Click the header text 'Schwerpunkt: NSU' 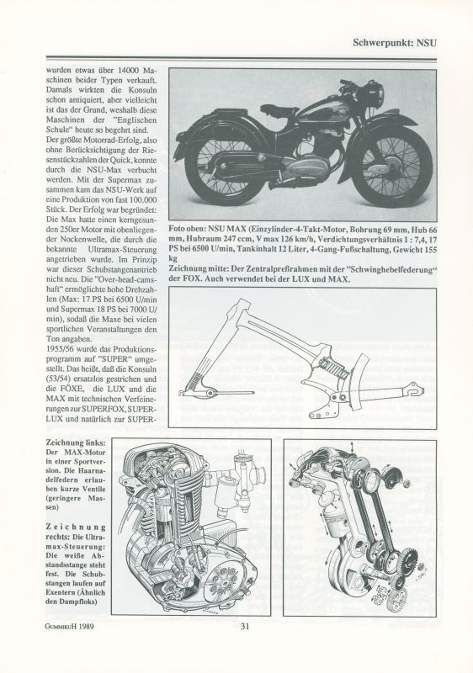[x=395, y=43]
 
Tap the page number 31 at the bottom [x=245, y=626]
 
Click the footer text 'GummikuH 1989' [x=70, y=626]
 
